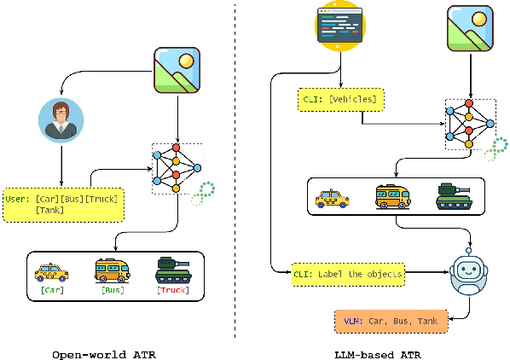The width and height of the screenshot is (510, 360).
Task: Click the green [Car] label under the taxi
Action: click(x=50, y=290)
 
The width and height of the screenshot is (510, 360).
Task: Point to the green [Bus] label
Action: click(x=113, y=290)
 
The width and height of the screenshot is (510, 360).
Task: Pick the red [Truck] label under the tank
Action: click(x=172, y=290)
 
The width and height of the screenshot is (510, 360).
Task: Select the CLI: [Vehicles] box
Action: click(x=340, y=100)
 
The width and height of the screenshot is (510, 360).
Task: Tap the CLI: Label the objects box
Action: click(x=348, y=274)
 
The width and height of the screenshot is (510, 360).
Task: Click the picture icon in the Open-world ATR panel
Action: click(x=178, y=69)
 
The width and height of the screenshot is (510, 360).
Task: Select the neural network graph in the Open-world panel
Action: click(x=177, y=167)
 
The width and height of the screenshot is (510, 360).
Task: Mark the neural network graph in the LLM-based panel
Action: click(x=468, y=122)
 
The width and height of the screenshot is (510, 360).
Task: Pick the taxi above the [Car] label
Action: click(x=51, y=271)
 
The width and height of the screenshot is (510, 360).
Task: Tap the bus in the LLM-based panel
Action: click(x=393, y=197)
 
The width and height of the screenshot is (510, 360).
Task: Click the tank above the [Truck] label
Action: click(x=172, y=270)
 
